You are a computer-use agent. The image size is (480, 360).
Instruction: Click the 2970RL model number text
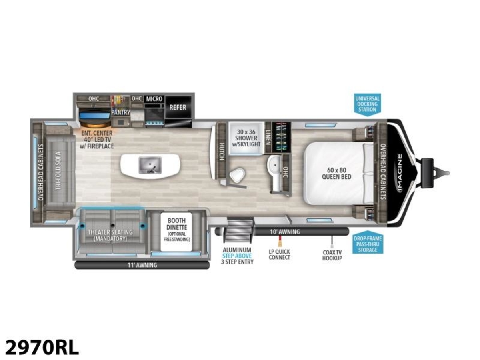click(x=42, y=347)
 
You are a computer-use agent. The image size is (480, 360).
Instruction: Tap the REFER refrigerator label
click(x=178, y=107)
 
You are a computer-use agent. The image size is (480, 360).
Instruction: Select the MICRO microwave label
click(x=154, y=99)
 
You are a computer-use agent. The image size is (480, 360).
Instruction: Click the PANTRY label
click(x=120, y=112)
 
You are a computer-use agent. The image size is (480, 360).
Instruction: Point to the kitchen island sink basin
click(x=150, y=165)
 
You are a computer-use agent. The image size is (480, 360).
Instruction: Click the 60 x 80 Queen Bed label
click(x=336, y=173)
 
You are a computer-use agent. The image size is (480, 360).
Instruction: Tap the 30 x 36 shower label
click(x=246, y=138)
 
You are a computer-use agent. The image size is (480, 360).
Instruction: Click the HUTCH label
click(x=221, y=152)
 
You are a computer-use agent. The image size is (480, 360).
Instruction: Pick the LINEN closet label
click(x=268, y=137)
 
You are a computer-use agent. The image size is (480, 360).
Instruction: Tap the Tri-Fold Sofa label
click(x=58, y=171)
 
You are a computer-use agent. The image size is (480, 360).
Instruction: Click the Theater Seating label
click(x=110, y=235)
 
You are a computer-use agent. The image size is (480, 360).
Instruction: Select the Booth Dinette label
click(x=176, y=230)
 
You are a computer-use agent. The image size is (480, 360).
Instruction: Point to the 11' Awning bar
click(x=142, y=265)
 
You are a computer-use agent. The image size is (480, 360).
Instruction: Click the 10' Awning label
click(x=284, y=232)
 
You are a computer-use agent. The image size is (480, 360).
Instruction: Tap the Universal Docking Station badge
click(x=367, y=104)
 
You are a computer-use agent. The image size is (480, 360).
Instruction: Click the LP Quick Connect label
click(x=279, y=255)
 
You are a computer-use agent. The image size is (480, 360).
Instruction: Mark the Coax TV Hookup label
click(x=332, y=255)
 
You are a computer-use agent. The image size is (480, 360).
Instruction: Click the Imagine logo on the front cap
click(x=400, y=173)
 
